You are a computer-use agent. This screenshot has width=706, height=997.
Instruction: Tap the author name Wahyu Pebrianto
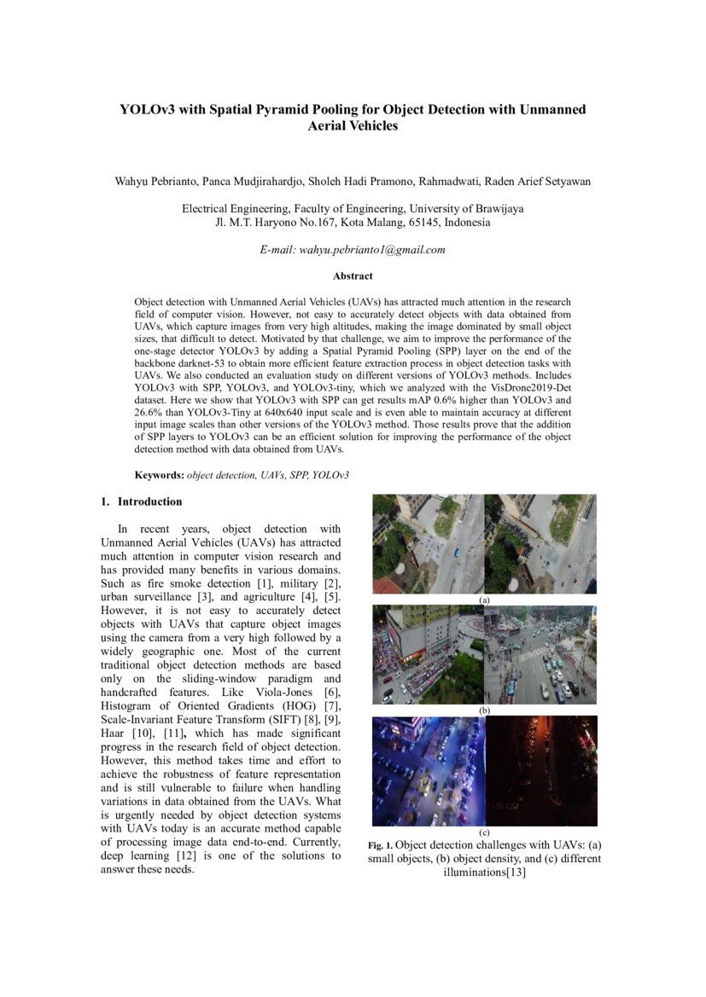coord(155,182)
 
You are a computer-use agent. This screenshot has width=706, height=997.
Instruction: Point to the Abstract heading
coord(353,275)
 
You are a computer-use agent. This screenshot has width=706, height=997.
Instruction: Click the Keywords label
coord(159,475)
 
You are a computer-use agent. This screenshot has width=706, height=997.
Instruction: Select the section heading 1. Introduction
coord(142,501)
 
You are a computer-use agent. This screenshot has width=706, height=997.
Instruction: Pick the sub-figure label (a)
coord(485,600)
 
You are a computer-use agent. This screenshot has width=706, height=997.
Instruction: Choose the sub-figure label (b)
coord(485,710)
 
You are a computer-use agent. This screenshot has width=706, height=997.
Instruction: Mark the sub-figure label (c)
coord(485,832)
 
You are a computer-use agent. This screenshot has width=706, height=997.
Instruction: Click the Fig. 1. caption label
coord(381,845)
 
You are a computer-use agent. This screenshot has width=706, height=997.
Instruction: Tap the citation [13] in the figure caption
coord(516,872)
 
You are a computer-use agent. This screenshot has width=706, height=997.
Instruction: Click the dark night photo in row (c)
coord(541,771)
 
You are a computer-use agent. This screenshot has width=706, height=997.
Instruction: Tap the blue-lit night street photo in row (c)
coord(429,771)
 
